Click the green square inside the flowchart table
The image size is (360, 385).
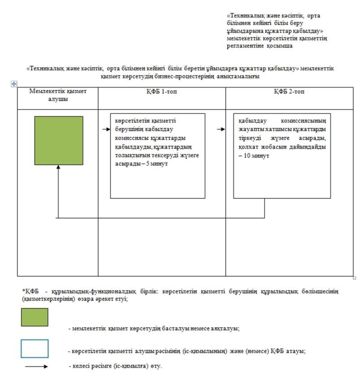click(x=59, y=140)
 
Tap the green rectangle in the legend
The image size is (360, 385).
click(x=35, y=317)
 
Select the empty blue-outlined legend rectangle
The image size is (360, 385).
click(x=35, y=348)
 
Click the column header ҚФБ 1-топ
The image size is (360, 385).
click(x=161, y=92)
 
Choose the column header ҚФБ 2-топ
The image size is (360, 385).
click(x=290, y=92)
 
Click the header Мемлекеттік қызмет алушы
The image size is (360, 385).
click(x=58, y=95)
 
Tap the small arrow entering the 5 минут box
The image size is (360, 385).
click(x=106, y=129)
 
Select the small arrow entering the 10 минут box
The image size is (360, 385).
click(x=221, y=129)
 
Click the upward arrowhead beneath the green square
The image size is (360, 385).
click(x=58, y=167)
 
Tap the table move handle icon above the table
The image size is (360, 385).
click(x=13, y=84)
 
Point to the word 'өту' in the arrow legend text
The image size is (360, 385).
click(x=155, y=366)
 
